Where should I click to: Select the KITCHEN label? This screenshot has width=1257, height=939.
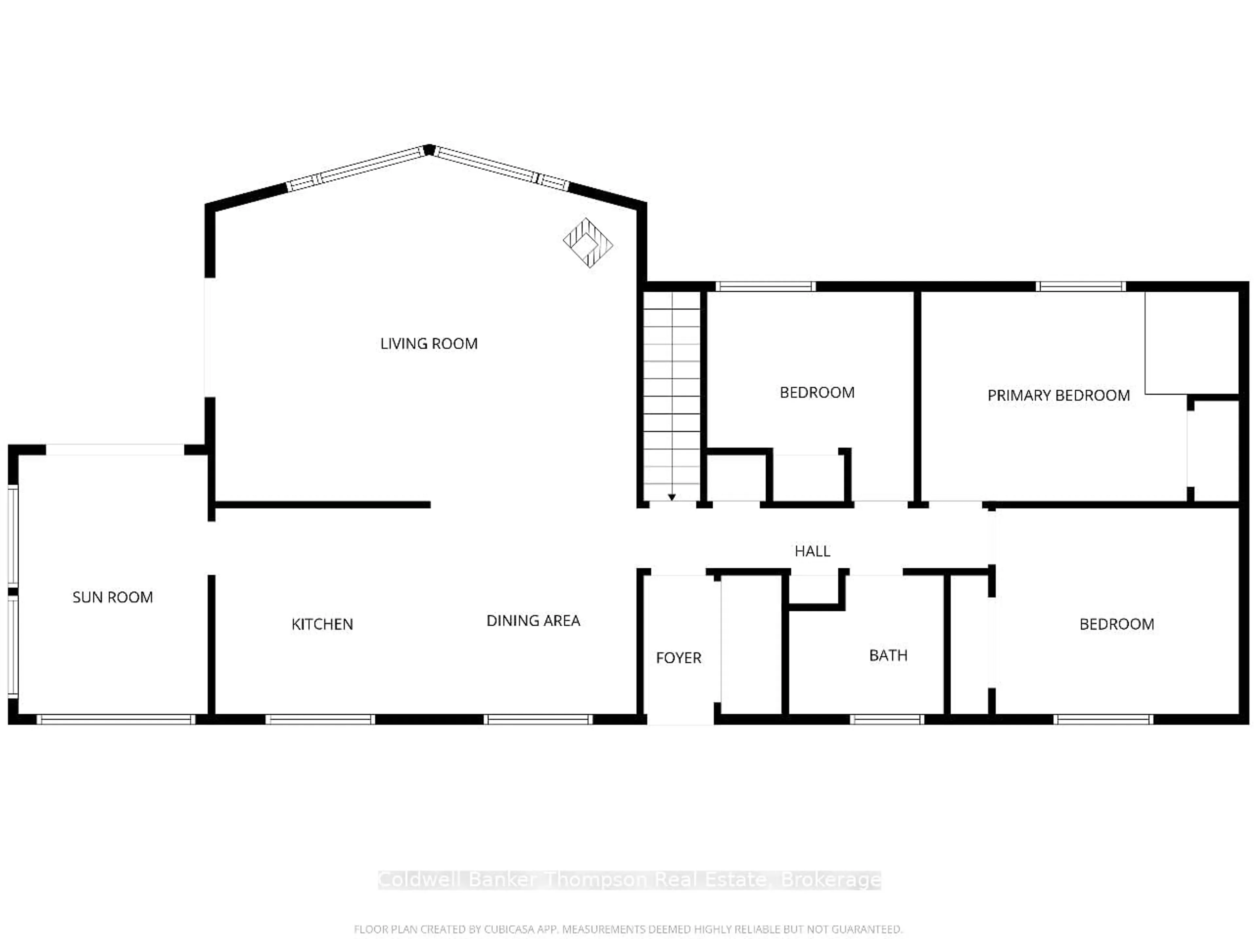click(x=322, y=624)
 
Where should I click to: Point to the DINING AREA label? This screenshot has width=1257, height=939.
click(x=533, y=621)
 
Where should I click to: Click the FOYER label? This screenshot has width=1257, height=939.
click(x=679, y=658)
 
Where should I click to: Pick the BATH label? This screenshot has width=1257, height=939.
click(x=888, y=655)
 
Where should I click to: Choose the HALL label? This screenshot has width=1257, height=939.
click(x=812, y=551)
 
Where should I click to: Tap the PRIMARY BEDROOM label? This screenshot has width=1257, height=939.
click(x=1058, y=396)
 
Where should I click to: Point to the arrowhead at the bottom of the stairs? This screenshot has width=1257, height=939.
click(x=672, y=497)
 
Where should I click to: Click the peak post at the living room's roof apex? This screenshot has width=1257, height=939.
click(x=429, y=150)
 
